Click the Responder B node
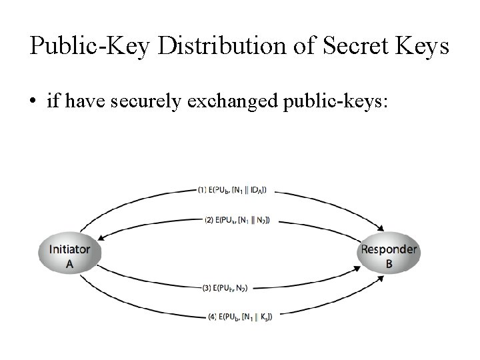pos(389,255)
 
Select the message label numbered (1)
pos(233,190)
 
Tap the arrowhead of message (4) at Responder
pos(382,278)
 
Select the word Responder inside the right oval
pos(389,249)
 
